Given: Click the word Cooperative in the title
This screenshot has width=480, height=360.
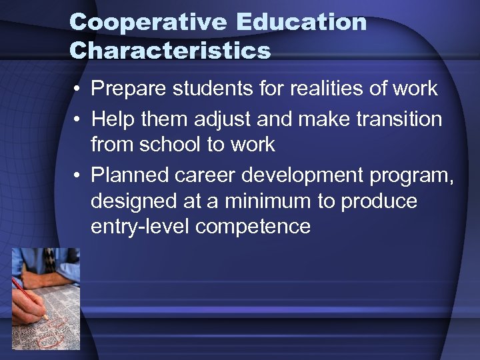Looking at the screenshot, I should point(148,22).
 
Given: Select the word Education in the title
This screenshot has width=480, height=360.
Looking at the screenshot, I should point(301,22).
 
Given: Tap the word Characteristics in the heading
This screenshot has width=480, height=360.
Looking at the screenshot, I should point(170,51).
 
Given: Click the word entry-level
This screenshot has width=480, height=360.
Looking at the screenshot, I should point(140,227).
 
